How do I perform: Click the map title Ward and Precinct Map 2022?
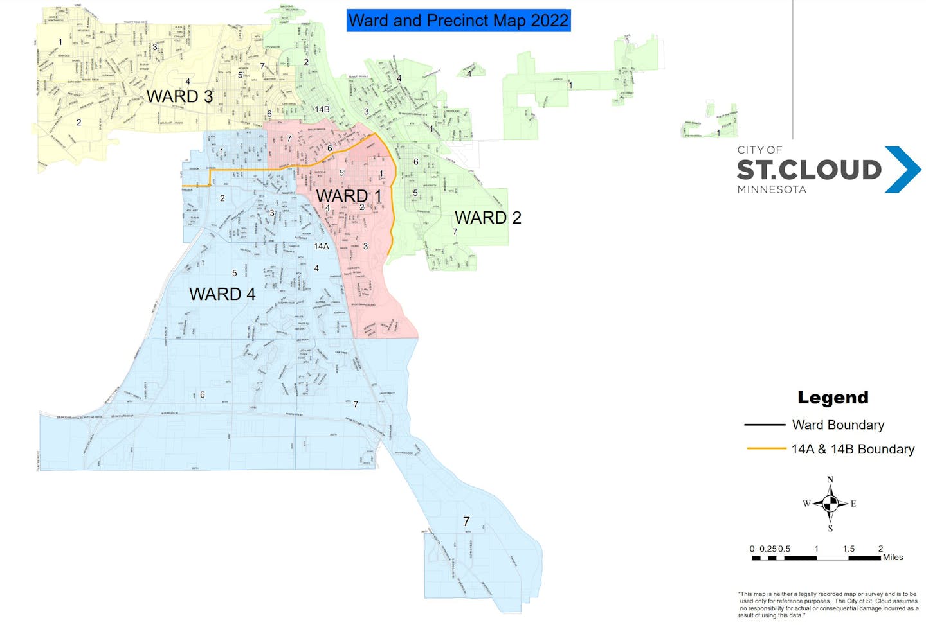(458, 21)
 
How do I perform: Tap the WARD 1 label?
(349, 196)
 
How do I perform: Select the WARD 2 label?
(487, 218)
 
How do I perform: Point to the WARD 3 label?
(179, 96)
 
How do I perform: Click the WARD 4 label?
(222, 294)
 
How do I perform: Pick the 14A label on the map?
(322, 246)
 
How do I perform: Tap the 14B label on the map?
(322, 109)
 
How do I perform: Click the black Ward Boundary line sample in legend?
(765, 425)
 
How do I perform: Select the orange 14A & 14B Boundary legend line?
(765, 449)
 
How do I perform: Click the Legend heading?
(833, 398)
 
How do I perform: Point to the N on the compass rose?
(830, 480)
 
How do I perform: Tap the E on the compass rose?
(853, 504)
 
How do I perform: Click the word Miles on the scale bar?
(893, 558)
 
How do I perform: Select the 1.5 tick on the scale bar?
(848, 549)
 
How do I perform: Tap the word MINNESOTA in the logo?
(772, 189)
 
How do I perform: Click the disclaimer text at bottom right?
(829, 605)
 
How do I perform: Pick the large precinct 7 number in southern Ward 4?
(466, 522)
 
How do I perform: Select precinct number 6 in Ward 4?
(203, 394)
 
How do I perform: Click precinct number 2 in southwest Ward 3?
(78, 123)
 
